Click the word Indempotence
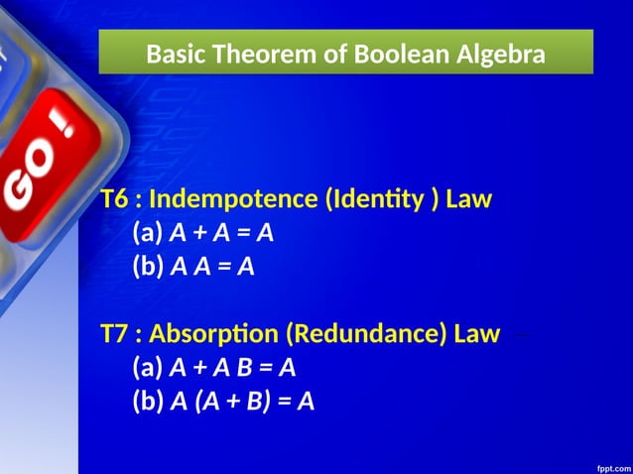pos(233,199)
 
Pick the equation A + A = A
pos(221,233)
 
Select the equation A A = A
pos(212,267)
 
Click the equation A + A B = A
pos(233,368)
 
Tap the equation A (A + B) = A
pos(242,402)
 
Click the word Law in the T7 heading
pos(477,334)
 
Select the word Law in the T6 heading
pos(469,199)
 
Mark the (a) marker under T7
pos(148,368)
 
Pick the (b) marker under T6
pos(148,267)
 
